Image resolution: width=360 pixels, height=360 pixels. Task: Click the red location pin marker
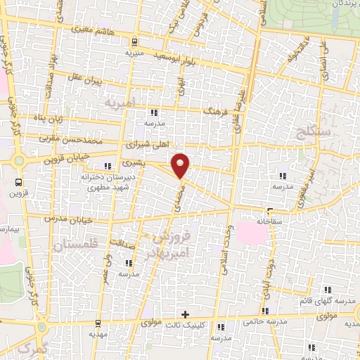point(181,166)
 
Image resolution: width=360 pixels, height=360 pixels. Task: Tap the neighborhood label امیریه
point(119,103)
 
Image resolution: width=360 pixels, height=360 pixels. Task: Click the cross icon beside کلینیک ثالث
point(185,314)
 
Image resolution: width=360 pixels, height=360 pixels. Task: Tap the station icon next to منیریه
point(134,38)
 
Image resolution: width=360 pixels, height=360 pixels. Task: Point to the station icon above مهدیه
point(96,323)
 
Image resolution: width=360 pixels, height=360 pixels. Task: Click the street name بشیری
point(132,162)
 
